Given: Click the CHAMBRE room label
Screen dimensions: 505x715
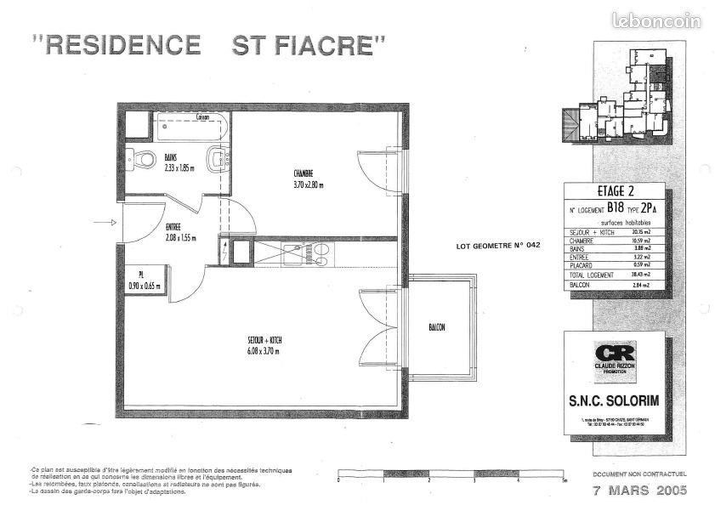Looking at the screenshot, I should tap(304, 173).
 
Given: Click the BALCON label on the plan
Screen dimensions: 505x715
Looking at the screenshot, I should tap(436, 328).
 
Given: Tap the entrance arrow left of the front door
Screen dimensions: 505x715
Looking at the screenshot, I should tap(103, 223).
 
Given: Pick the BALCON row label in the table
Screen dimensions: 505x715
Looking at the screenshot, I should tap(578, 285).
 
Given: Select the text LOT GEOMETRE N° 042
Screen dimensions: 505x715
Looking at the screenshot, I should tap(498, 245).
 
